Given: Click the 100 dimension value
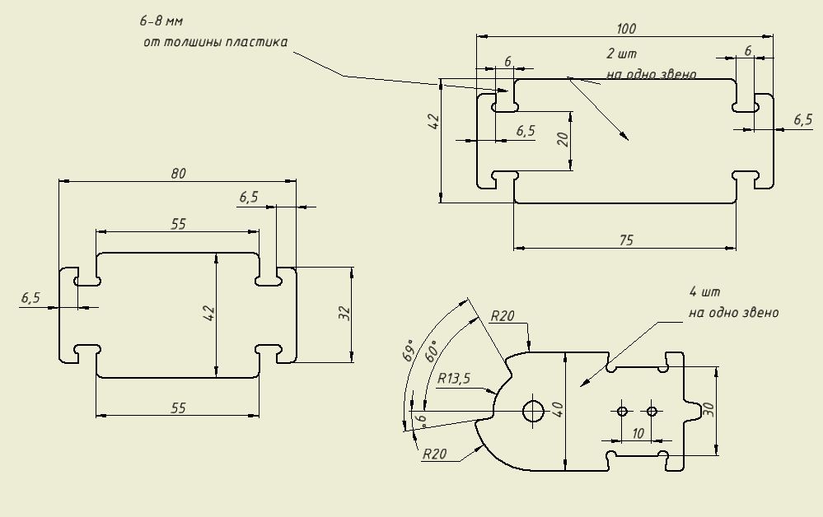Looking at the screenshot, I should click(x=626, y=29).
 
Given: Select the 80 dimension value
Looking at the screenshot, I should click(x=179, y=173).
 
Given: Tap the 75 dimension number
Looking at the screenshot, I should click(x=625, y=239).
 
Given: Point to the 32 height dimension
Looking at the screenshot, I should click(x=345, y=314).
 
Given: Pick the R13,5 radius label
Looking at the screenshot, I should click(x=453, y=380).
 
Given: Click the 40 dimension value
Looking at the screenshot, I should click(x=559, y=409).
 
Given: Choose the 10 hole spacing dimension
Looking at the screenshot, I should click(x=637, y=433).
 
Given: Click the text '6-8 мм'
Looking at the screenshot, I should click(x=161, y=20).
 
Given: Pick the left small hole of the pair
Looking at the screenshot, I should click(x=623, y=411).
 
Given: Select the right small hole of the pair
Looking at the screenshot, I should click(x=652, y=411).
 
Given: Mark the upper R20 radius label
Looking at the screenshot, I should click(x=502, y=316).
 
